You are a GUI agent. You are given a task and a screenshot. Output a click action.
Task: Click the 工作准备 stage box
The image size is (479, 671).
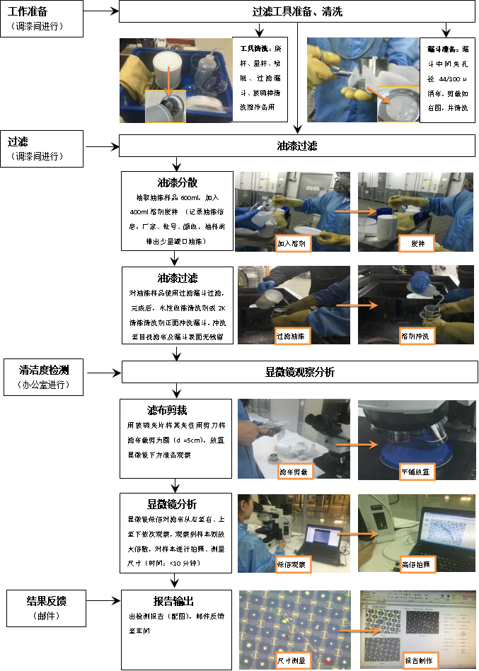tap(42, 18)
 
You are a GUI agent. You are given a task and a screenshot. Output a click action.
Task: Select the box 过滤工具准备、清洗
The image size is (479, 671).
tap(297, 12)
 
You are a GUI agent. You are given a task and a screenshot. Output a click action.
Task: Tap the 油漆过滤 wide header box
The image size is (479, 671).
tap(297, 146)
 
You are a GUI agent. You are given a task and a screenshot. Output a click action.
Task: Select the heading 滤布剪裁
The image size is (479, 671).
tap(177, 410)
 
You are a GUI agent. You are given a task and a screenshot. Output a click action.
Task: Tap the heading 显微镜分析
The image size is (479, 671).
tap(177, 504)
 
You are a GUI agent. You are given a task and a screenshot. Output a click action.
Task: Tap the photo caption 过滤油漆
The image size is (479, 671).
tap(292, 335)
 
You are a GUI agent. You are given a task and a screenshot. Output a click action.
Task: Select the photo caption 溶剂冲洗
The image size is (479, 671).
tap(416, 336)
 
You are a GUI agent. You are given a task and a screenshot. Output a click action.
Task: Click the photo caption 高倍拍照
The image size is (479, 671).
tap(418, 564)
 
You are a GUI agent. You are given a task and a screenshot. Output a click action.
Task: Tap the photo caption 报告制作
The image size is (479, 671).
tap(420, 660)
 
